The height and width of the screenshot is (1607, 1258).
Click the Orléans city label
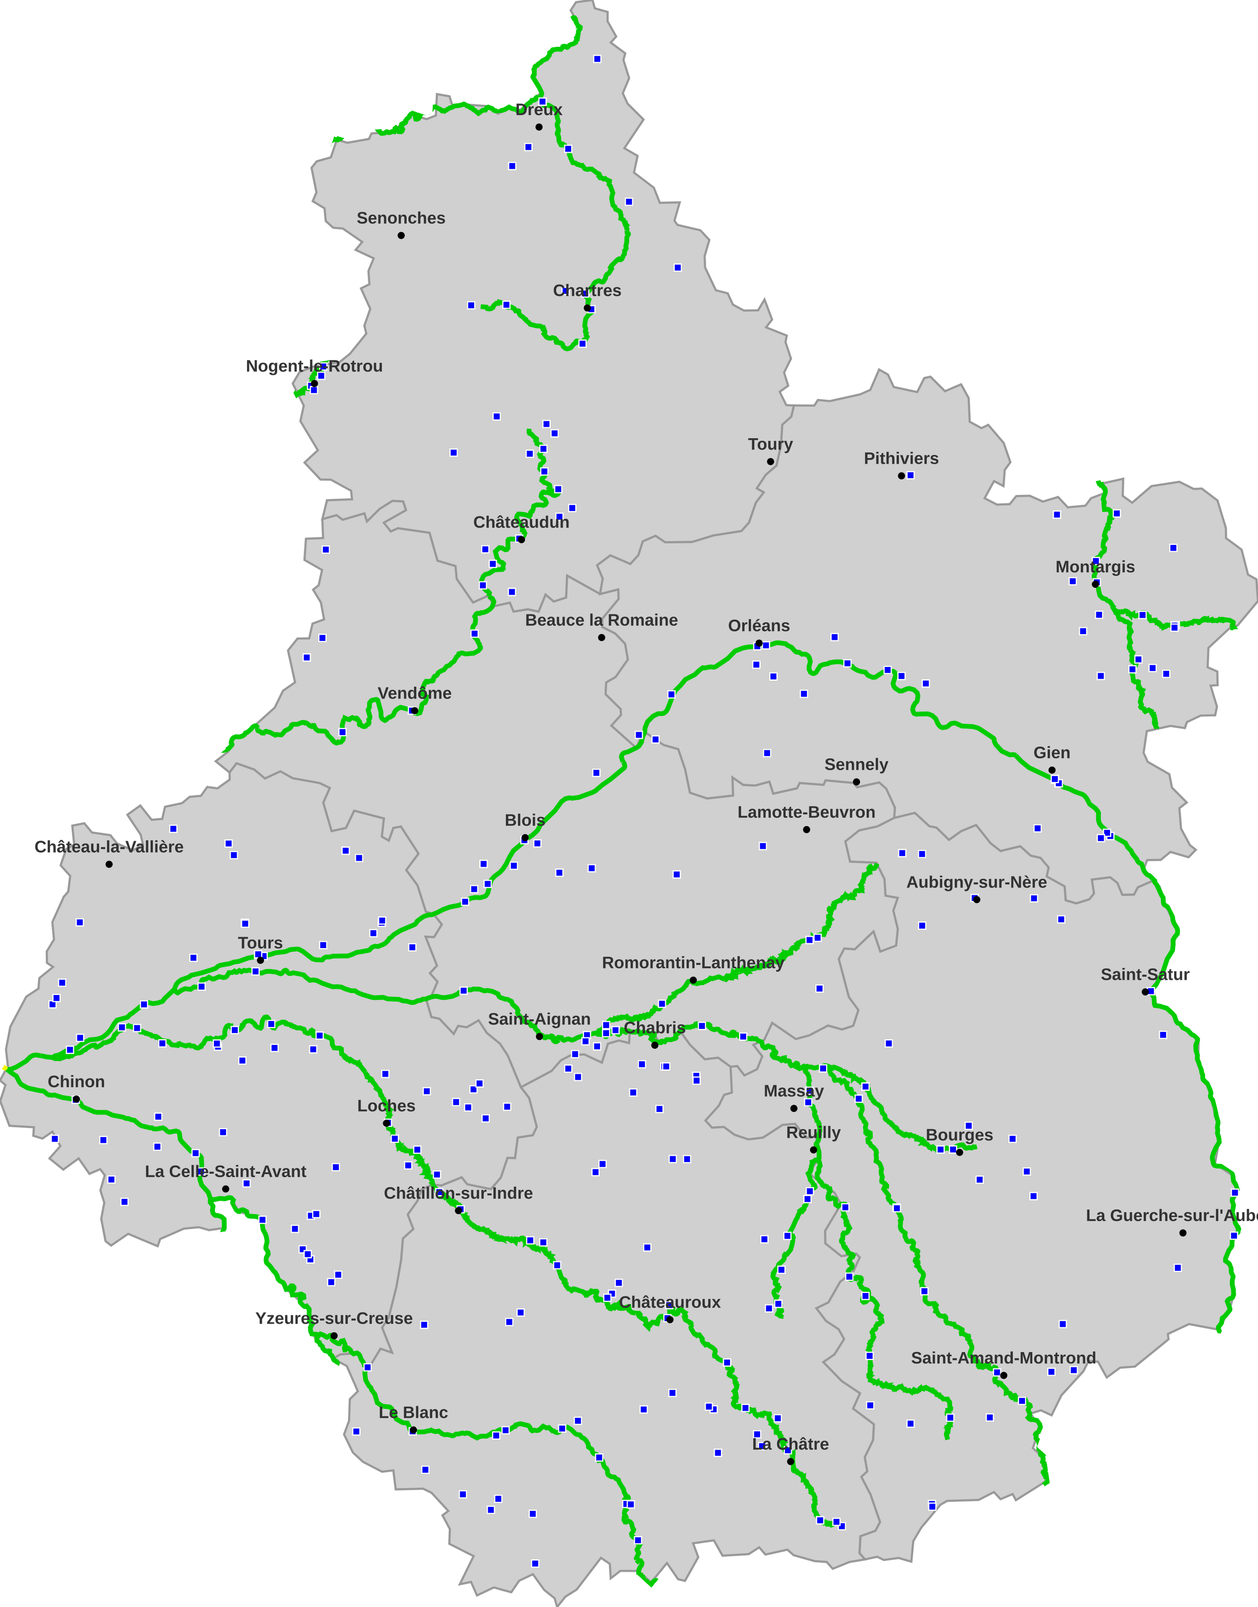(x=759, y=626)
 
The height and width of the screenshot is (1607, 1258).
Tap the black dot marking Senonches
(x=401, y=236)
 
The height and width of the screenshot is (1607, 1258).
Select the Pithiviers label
(x=901, y=459)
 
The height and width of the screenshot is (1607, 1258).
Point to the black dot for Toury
(x=770, y=461)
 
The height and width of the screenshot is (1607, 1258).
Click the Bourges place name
(x=959, y=1135)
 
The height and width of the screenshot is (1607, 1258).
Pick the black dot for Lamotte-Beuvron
(x=806, y=829)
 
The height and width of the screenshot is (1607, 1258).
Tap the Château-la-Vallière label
(x=109, y=847)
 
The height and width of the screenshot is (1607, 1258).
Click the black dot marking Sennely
(x=856, y=782)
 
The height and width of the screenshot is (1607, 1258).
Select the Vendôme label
(x=415, y=693)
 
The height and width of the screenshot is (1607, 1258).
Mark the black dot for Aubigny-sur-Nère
(x=977, y=899)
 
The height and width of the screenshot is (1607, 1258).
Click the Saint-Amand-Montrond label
(x=1003, y=1358)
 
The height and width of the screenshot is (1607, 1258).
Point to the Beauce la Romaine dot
(x=602, y=638)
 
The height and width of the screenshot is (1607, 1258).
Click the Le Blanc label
(x=413, y=1413)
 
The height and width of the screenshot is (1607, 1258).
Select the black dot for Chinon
(x=76, y=1100)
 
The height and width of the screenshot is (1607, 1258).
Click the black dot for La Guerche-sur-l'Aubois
(x=1183, y=1233)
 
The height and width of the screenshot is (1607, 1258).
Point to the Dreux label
(x=539, y=110)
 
